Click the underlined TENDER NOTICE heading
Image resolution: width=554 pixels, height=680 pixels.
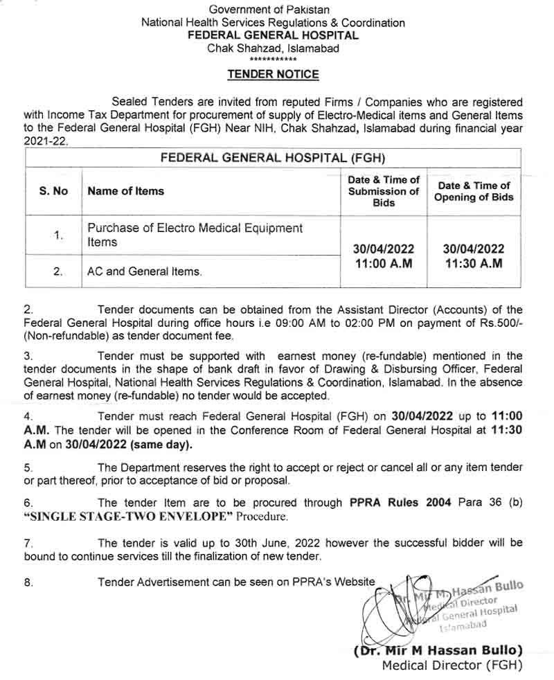[274, 74]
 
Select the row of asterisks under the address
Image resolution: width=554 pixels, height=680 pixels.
[273, 61]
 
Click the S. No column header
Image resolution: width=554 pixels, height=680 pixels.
[53, 191]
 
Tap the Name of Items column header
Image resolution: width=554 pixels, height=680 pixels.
[126, 191]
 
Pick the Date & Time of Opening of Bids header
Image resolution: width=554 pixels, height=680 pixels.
[474, 191]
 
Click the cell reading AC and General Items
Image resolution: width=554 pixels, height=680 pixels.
[145, 272]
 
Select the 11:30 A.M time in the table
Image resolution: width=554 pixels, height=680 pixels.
[474, 263]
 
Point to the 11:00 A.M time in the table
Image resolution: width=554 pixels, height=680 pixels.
[384, 263]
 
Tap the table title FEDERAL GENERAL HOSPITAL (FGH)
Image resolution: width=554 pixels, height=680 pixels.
[273, 157]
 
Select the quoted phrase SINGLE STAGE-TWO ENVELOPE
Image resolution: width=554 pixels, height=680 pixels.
[129, 517]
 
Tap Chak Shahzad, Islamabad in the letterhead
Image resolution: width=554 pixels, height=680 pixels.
[273, 48]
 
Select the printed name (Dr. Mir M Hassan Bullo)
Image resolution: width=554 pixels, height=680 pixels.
[438, 650]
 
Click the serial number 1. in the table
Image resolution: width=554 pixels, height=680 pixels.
[58, 235]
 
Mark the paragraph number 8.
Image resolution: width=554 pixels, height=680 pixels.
[28, 582]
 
